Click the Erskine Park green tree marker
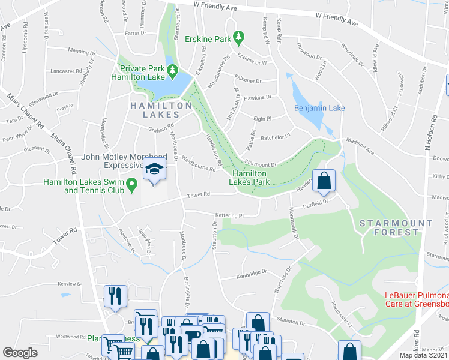(x=238, y=38)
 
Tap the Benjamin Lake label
(x=319, y=108)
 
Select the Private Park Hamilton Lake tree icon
(x=173, y=71)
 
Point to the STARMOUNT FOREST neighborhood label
(x=396, y=227)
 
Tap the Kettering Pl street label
(x=228, y=215)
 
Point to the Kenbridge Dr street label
(x=250, y=273)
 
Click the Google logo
(x=20, y=353)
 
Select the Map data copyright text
(x=424, y=355)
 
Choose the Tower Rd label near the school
(x=198, y=194)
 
